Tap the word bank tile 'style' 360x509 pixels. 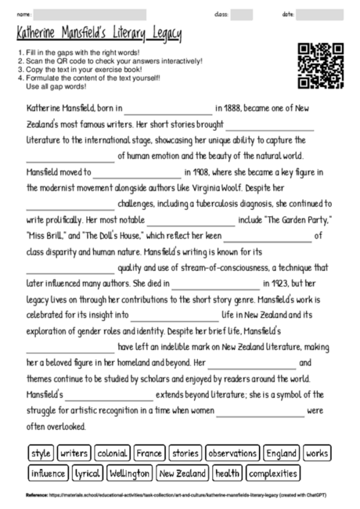(x=40, y=453)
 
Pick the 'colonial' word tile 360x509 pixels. (x=112, y=453)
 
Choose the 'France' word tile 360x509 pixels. (x=148, y=453)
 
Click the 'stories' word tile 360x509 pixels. (x=185, y=453)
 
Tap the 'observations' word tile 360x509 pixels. (x=232, y=453)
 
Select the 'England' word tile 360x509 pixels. (x=281, y=453)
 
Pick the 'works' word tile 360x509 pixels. (x=317, y=453)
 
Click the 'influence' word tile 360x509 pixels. (x=48, y=474)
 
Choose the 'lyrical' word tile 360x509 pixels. (x=87, y=474)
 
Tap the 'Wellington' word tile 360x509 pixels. (x=129, y=474)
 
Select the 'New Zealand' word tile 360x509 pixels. (x=182, y=474)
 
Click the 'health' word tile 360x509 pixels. (x=227, y=474)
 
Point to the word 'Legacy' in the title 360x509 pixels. (x=164, y=34)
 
